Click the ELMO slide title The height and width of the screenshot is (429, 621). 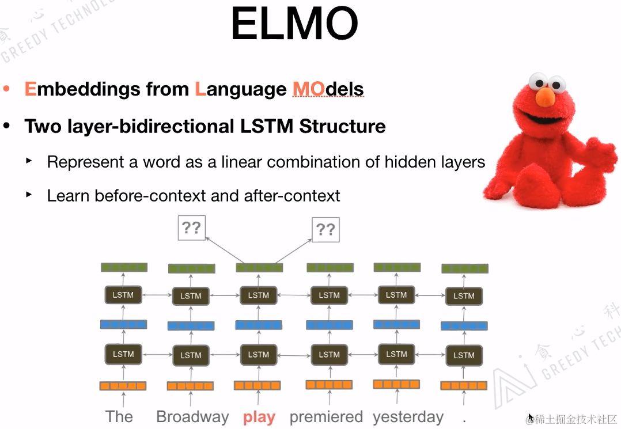[294, 24]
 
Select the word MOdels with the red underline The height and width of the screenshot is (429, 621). [328, 89]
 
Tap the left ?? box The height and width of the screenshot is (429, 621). [191, 228]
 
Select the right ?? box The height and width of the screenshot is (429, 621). [325, 230]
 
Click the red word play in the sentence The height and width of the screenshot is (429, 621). [259, 417]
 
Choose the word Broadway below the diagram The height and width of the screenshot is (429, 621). [192, 417]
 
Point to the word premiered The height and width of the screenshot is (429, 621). [326, 417]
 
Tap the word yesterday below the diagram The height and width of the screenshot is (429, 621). [408, 417]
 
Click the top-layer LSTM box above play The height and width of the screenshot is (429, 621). [258, 295]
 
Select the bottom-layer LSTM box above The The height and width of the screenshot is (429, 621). [123, 354]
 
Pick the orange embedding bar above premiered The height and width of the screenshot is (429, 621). [329, 385]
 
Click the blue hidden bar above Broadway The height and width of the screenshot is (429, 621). [191, 326]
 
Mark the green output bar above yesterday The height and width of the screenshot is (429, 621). [397, 267]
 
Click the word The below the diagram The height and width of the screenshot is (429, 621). [119, 417]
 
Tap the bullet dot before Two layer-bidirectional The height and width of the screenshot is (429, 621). [7, 126]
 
